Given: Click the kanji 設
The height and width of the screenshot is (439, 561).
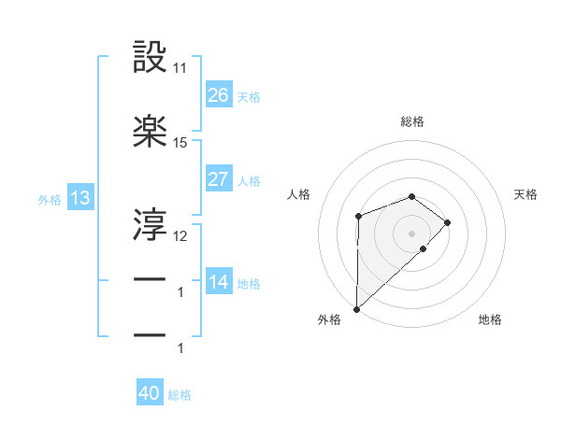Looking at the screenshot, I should [x=151, y=58].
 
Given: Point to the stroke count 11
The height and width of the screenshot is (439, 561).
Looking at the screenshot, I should [x=180, y=69].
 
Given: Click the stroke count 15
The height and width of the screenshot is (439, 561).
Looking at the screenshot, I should [x=180, y=143].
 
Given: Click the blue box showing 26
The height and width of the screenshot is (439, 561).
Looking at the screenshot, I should [x=218, y=95].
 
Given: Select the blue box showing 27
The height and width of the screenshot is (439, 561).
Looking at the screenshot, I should [x=218, y=179].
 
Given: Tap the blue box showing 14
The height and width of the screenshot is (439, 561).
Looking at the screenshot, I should [x=218, y=282].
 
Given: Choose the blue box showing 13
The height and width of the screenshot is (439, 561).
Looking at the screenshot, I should [x=79, y=198].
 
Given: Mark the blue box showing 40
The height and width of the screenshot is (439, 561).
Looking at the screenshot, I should [x=150, y=393].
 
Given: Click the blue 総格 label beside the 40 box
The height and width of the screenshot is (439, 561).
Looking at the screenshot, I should [x=180, y=395].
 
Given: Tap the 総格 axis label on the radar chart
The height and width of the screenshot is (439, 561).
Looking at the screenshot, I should [x=412, y=121].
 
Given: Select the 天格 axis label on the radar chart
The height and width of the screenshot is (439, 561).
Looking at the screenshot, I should [x=525, y=194].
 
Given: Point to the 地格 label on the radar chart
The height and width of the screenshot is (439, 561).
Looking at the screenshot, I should [x=490, y=320].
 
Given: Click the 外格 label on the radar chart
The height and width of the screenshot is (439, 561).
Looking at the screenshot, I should [x=329, y=320].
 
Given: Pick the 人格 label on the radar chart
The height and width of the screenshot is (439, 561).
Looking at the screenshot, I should [x=298, y=194].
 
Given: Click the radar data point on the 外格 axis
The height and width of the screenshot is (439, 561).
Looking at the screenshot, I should [x=356, y=308].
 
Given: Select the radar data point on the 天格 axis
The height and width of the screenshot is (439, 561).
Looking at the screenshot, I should [x=448, y=222].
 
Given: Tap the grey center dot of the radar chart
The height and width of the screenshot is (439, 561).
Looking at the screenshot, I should [x=411, y=233].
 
